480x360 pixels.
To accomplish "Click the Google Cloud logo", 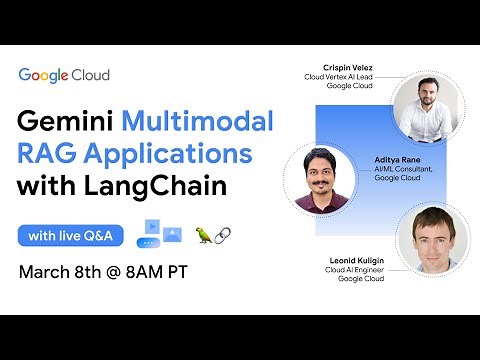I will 63,75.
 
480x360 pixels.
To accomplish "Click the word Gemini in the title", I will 65,125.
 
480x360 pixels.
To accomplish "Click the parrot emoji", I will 205,235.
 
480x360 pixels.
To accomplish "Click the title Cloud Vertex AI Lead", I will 339,77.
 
